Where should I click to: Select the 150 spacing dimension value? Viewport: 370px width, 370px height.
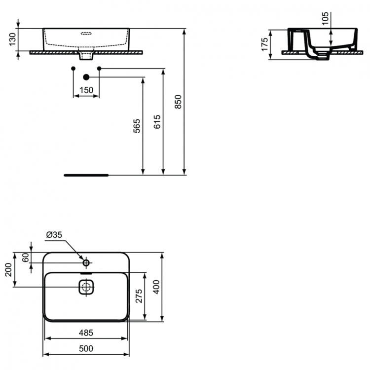[86, 90]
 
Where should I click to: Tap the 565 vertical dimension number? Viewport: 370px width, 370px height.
[137, 126]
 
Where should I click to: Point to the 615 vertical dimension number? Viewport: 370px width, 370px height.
[157, 122]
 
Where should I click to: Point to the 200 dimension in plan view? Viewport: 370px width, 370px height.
[8, 270]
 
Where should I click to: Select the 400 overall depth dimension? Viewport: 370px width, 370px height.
[156, 286]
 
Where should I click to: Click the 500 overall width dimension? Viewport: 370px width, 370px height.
[86, 349]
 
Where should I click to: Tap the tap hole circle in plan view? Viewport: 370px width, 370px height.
[86, 262]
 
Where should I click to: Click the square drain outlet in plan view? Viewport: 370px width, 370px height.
[86, 287]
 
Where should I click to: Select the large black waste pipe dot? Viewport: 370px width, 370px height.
[86, 77]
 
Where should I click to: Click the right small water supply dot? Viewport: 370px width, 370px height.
[99, 68]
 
